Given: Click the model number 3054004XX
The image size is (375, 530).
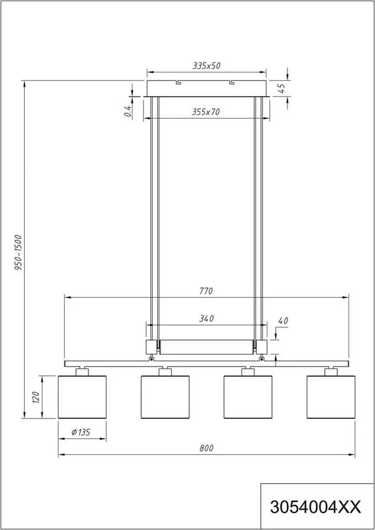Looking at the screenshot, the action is click(x=315, y=507).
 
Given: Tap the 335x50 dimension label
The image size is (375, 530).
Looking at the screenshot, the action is click(x=206, y=66).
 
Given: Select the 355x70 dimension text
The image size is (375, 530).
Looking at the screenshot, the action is click(x=206, y=112).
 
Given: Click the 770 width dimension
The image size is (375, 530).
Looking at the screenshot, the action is click(x=206, y=291).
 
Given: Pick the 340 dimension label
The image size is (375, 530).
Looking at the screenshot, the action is click(x=206, y=319).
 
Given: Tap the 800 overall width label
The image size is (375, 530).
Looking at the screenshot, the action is click(x=207, y=448).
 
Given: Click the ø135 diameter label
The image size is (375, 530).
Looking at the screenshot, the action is click(x=81, y=432).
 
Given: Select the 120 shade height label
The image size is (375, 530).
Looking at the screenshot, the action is click(x=36, y=397).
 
